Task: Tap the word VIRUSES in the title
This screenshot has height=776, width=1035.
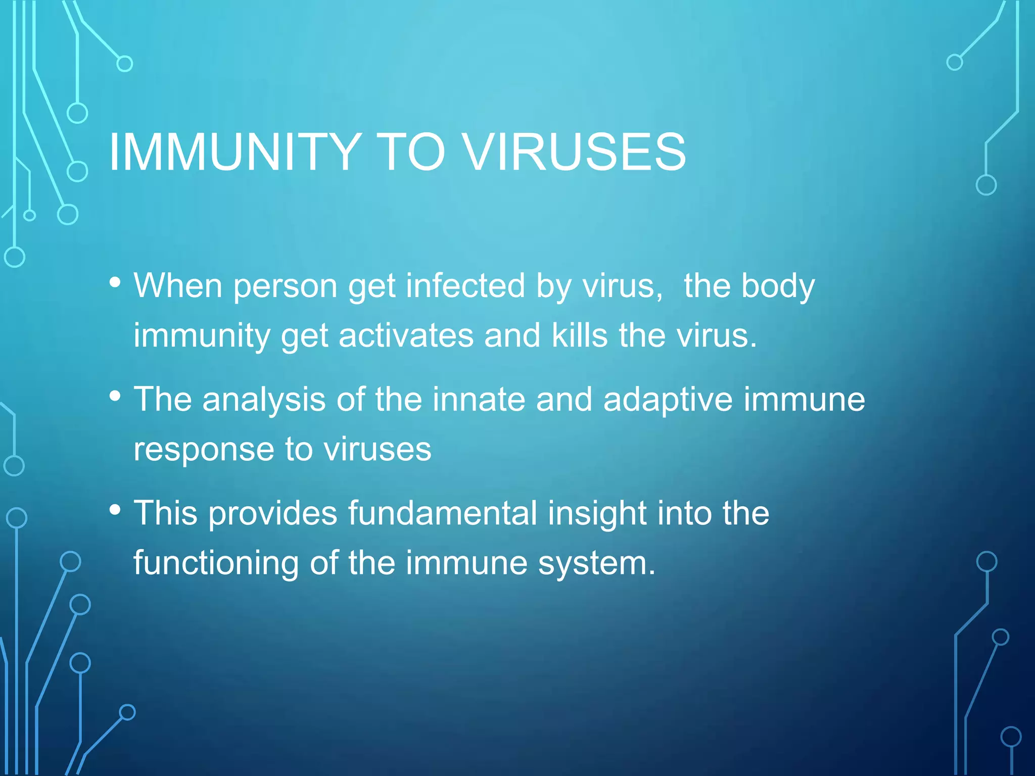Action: point(575,152)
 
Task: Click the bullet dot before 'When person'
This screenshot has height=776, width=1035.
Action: point(115,282)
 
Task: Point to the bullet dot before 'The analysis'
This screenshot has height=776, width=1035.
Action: point(115,396)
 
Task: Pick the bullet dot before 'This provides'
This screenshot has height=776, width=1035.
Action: point(115,510)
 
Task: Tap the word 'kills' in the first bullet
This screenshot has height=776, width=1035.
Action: point(579,335)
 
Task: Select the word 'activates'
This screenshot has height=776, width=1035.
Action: point(406,335)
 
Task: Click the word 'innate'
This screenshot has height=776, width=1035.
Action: point(478,400)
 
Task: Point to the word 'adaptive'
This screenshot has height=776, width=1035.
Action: point(668,400)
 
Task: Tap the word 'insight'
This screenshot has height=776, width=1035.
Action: point(597,513)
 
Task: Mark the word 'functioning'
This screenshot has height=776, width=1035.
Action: point(216,563)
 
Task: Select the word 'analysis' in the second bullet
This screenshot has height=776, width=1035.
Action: point(264,400)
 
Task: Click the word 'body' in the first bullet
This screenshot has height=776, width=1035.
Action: point(778,286)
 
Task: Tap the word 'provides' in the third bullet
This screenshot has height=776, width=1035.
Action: point(272,513)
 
